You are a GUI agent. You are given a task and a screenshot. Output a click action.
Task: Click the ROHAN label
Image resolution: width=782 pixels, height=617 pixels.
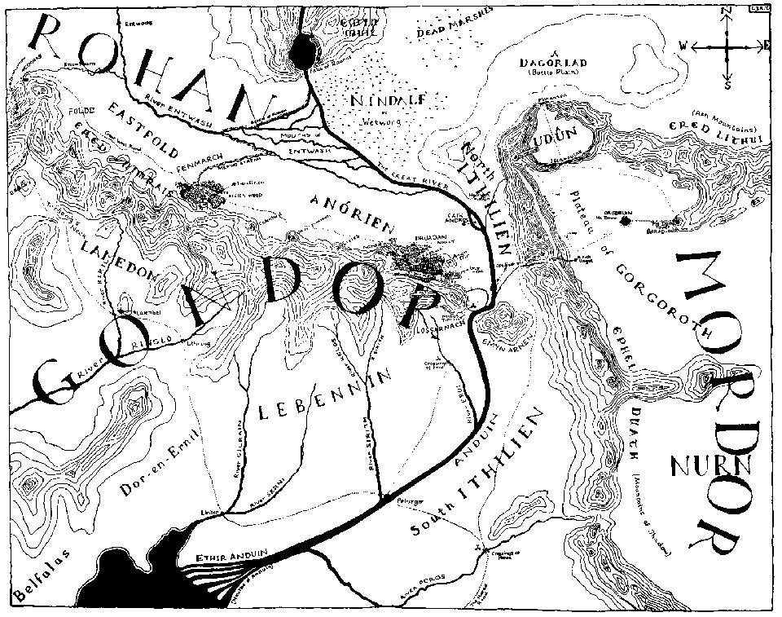tap(147, 69)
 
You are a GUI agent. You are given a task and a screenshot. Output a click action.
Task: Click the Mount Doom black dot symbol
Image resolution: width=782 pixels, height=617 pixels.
tap(625, 220)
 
